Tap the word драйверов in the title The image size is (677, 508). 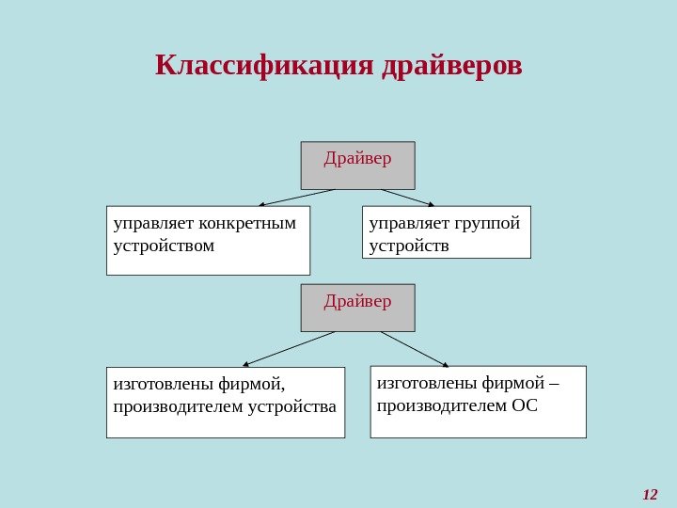[453, 67]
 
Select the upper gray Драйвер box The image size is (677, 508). [357, 166]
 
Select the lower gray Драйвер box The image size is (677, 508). [357, 308]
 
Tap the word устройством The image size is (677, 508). [164, 246]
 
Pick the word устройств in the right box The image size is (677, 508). [409, 246]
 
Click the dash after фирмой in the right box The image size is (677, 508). [553, 383]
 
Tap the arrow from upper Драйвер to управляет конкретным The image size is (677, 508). [296, 198]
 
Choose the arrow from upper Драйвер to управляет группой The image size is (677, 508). [407, 198]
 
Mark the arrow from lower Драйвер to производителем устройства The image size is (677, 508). [289, 348]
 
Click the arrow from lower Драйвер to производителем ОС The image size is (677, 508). [414, 348]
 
